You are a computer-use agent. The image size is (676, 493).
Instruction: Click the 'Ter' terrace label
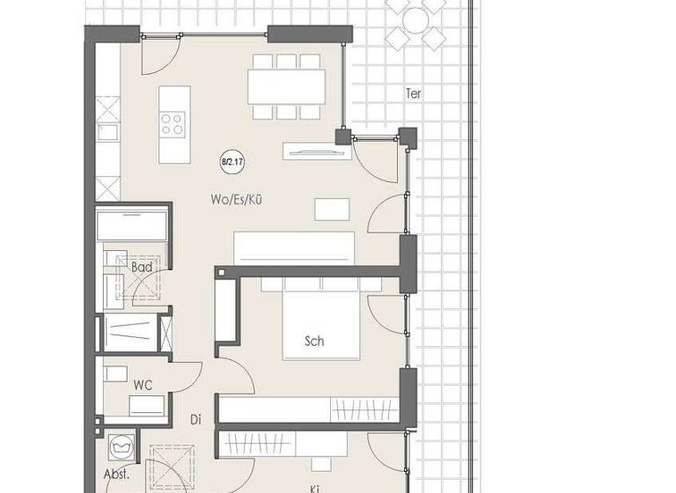pyautogui.click(x=413, y=92)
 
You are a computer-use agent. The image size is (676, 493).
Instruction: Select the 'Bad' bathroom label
pyautogui.click(x=142, y=267)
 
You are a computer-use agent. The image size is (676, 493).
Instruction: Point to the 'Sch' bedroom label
pyautogui.click(x=313, y=341)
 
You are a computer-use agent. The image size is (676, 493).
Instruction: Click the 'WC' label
pyautogui.click(x=143, y=385)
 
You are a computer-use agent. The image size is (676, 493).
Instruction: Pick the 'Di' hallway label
pyautogui.click(x=195, y=420)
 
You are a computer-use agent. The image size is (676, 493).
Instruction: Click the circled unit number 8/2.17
pyautogui.click(x=231, y=162)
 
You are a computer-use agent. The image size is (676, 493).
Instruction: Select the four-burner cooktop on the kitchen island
pyautogui.click(x=173, y=123)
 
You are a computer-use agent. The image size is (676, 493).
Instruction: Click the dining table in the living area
pyautogui.click(x=285, y=86)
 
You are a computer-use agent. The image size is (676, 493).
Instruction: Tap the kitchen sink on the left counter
pyautogui.click(x=107, y=133)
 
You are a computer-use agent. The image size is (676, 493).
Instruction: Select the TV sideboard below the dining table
pyautogui.click(x=312, y=151)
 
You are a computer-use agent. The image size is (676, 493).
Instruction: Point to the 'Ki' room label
pyautogui.click(x=313, y=487)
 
